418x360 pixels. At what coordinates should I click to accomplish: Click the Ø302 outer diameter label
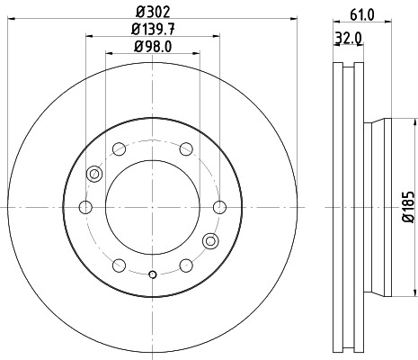152,11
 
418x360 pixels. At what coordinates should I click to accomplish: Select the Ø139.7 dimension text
152,31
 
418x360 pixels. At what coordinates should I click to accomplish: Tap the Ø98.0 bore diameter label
152,48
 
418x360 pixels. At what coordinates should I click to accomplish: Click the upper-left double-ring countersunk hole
93,174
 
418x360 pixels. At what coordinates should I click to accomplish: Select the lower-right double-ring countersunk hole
210,240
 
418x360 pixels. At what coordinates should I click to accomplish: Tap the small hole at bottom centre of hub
152,274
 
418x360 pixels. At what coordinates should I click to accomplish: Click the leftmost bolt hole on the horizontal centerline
85,208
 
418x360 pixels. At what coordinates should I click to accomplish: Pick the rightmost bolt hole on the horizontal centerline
218,208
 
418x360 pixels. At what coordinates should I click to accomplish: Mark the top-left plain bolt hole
119,149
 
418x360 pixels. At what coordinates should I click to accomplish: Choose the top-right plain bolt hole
185,149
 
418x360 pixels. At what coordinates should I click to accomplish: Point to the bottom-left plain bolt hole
119,265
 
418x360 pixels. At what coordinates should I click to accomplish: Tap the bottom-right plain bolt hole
185,265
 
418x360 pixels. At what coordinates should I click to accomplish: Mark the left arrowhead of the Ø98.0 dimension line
109,55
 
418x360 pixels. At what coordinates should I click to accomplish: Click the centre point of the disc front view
152,208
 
